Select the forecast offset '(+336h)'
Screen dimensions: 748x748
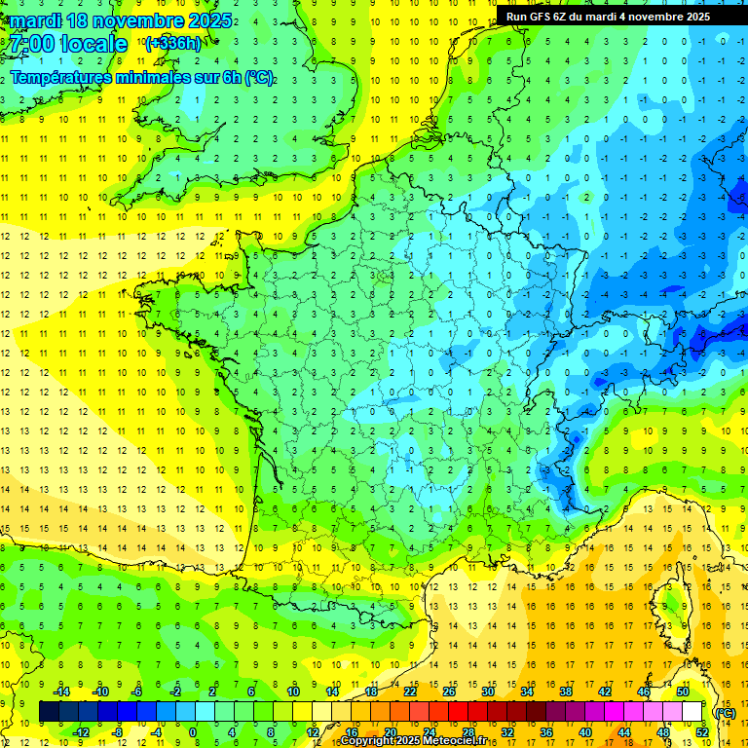174,43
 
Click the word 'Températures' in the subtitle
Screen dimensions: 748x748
60,78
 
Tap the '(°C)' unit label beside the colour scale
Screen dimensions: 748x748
725,713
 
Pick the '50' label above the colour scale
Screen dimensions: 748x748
683,692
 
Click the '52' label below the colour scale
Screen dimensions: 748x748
702,732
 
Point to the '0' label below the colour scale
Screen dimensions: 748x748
193,732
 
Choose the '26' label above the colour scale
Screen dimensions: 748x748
448,692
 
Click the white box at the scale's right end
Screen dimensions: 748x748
692,712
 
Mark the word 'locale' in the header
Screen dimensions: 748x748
93,44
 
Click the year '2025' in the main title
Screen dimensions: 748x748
208,20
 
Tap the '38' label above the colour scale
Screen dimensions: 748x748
565,692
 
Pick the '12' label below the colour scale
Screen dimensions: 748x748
312,732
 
